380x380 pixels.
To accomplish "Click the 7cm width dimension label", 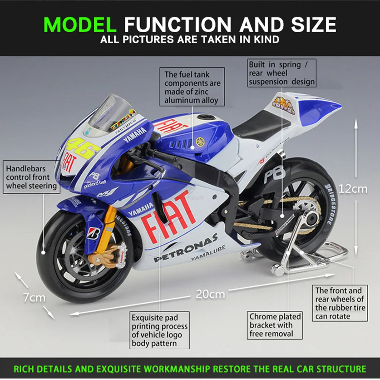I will (34, 298).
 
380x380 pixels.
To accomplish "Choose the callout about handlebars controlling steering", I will (31, 177).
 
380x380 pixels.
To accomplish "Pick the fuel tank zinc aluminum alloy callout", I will (192, 87).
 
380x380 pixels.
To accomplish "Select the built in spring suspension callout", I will (282, 73).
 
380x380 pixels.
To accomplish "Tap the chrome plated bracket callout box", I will (275, 325).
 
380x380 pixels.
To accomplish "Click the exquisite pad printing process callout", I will (160, 330).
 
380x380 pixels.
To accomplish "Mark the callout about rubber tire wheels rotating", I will (339, 303).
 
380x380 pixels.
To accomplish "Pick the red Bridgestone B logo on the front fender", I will (93, 233).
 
